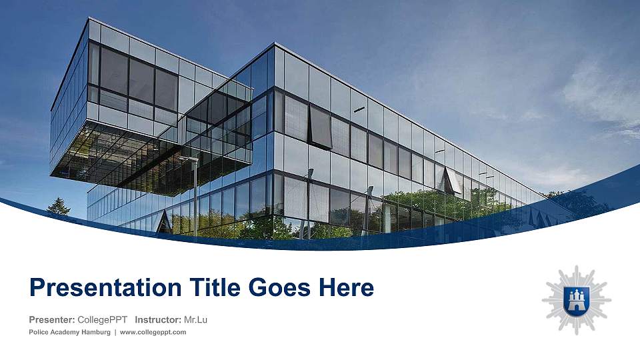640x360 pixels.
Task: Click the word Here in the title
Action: coord(346,288)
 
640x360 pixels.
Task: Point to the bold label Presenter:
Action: coord(51,320)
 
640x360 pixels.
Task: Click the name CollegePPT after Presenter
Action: coord(102,320)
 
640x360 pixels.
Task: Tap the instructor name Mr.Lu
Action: coord(195,320)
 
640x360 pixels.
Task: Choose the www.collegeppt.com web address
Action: coord(153,332)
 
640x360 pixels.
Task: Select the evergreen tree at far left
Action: coord(59,207)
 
